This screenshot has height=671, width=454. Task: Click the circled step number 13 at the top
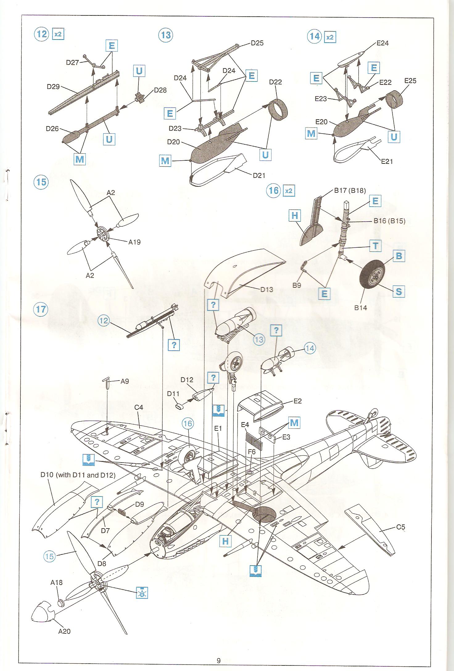coord(166,35)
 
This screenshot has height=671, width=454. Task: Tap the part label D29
coord(53,87)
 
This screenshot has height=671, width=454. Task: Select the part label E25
coord(410,81)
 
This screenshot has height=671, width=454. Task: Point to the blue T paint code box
coord(375,246)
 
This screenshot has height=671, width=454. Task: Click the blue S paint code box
coord(398,291)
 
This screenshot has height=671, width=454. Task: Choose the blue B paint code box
coord(399,256)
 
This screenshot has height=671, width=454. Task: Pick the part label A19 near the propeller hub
coord(134,242)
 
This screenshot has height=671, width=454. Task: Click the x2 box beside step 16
coord(288,191)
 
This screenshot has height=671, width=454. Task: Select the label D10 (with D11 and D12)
coord(78,475)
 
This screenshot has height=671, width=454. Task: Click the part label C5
coord(401,527)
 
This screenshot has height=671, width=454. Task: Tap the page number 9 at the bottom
coord(219,661)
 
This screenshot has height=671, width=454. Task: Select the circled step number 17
coord(41,309)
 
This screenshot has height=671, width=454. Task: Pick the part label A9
coord(125,381)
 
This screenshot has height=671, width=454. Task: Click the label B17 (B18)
coord(350,190)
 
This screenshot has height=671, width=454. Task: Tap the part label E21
coord(387,161)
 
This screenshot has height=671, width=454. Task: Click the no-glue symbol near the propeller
coord(142,592)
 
